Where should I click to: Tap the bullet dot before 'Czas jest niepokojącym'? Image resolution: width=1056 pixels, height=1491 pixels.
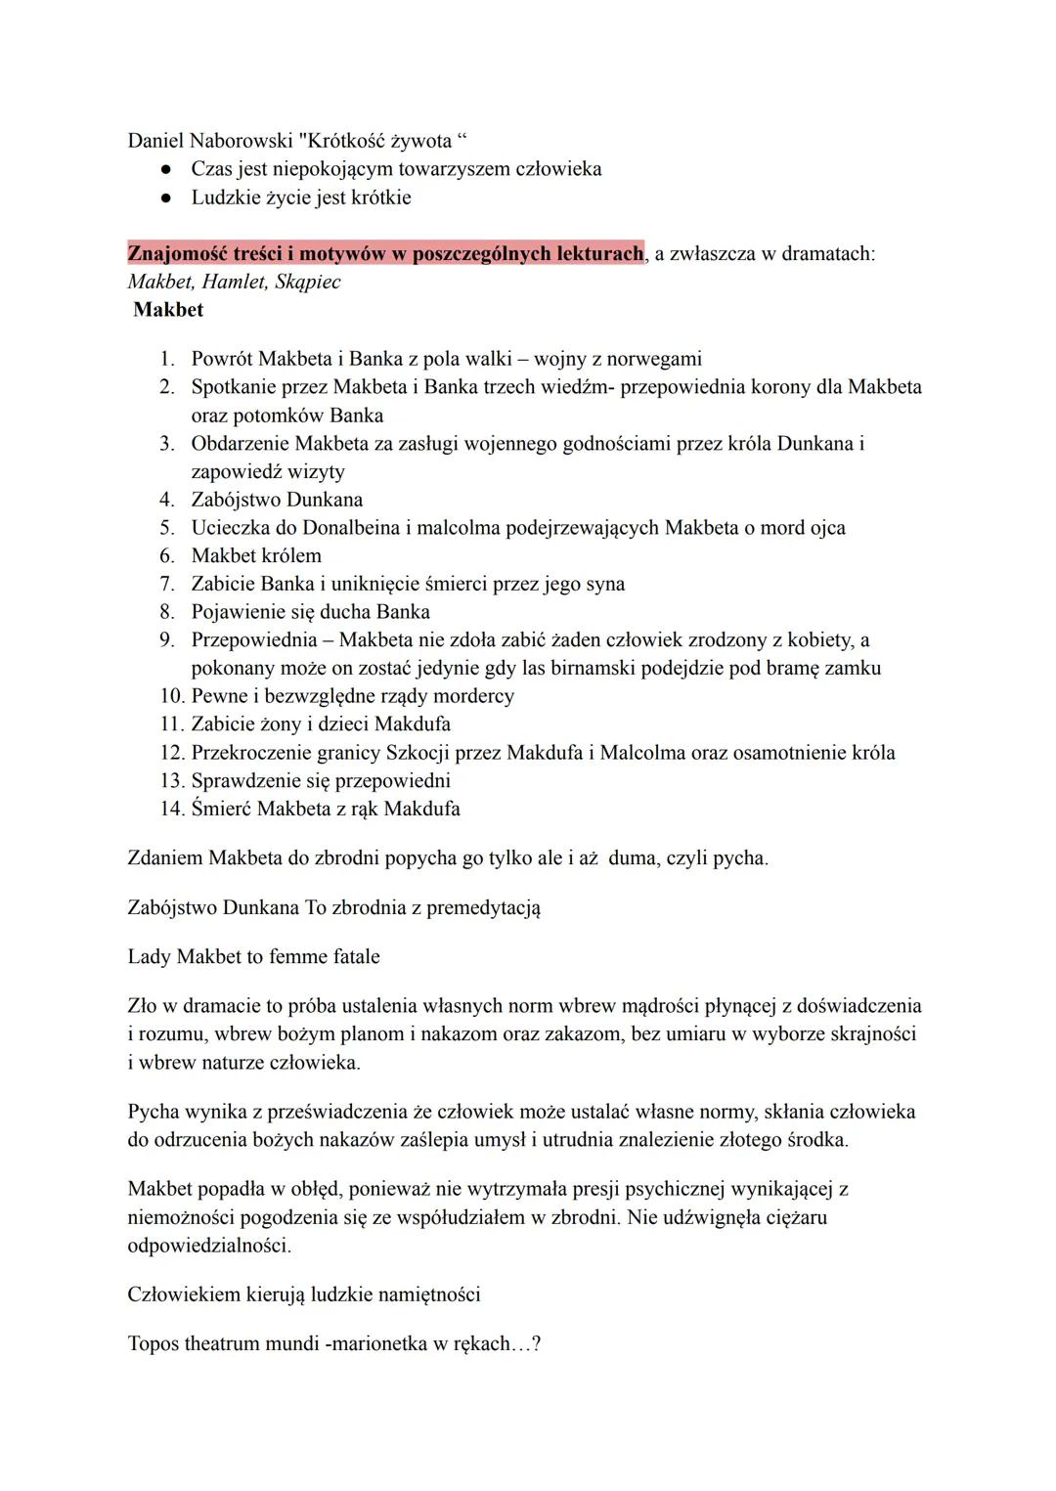click(166, 170)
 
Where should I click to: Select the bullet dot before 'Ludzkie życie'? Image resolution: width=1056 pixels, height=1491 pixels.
click(166, 198)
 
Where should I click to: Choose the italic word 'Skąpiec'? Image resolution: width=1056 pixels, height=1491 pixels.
click(308, 283)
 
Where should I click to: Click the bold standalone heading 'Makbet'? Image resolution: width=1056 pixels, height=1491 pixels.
click(168, 310)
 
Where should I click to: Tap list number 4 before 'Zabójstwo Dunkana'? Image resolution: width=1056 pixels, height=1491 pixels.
click(166, 500)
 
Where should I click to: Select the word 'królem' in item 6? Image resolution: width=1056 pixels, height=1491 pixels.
click(290, 556)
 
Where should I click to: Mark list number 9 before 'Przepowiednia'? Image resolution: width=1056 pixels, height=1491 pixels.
click(166, 640)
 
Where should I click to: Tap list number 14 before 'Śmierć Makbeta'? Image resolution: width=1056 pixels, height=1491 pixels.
click(171, 810)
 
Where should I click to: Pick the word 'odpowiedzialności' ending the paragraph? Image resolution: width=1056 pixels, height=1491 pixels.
click(209, 1247)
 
